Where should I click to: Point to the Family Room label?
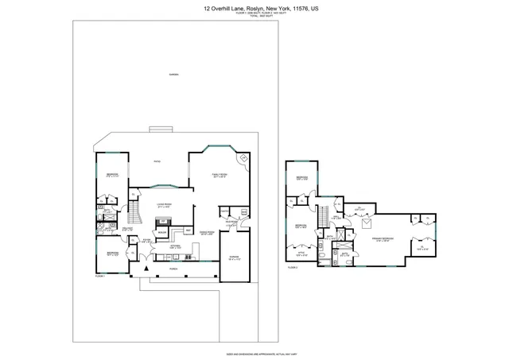(220, 175)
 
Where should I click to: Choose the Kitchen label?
(176, 246)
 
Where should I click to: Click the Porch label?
(173, 269)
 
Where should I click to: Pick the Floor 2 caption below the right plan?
(292, 269)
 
